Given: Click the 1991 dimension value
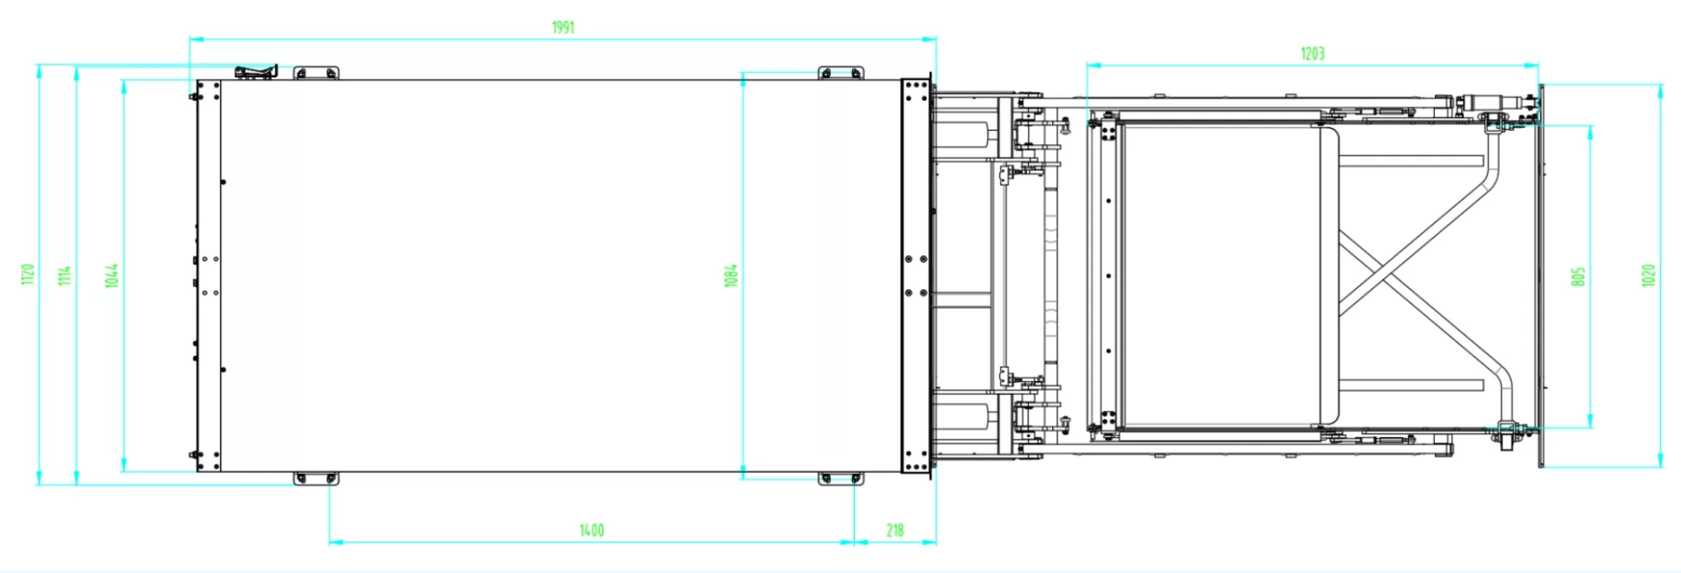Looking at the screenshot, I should (563, 28).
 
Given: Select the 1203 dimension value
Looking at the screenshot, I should (1312, 54).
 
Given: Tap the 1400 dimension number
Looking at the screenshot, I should (591, 531).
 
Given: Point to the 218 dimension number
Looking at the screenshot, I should (895, 531).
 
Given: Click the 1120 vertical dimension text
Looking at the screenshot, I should (28, 275).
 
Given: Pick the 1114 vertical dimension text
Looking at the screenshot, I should (65, 276).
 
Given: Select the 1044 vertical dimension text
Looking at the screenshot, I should (111, 276).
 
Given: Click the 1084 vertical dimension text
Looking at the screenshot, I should (731, 276).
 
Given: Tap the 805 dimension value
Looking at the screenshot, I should (1577, 277).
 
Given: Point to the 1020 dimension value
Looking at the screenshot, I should (1648, 276).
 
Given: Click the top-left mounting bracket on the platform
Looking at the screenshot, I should (316, 73).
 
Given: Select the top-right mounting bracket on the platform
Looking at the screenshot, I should (840, 73).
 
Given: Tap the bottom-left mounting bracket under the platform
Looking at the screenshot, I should (315, 478).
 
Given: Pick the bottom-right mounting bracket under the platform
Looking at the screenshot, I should (840, 478).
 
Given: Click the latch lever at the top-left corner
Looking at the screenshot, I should (256, 71).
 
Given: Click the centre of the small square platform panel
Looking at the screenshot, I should (1221, 276).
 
